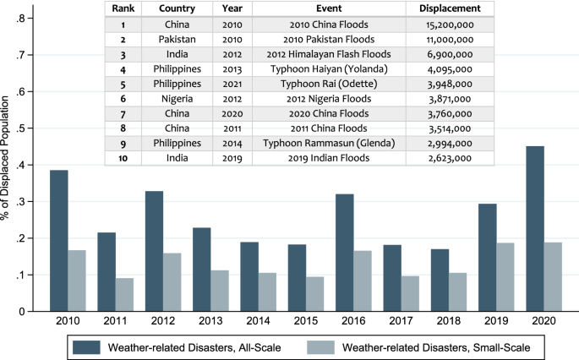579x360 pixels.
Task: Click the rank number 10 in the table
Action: (x=123, y=158)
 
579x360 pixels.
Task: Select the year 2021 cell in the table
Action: (x=232, y=84)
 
